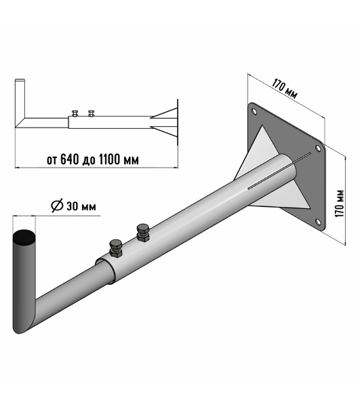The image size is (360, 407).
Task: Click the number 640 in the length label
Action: point(70,159)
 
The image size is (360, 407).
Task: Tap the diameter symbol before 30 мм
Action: point(58,206)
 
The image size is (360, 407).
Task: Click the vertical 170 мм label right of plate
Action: point(339,203)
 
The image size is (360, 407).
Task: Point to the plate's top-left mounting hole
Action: point(254,112)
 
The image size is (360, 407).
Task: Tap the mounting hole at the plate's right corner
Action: point(317,149)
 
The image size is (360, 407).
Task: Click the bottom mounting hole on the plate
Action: point(317,222)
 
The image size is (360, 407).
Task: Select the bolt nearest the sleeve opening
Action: point(116,248)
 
